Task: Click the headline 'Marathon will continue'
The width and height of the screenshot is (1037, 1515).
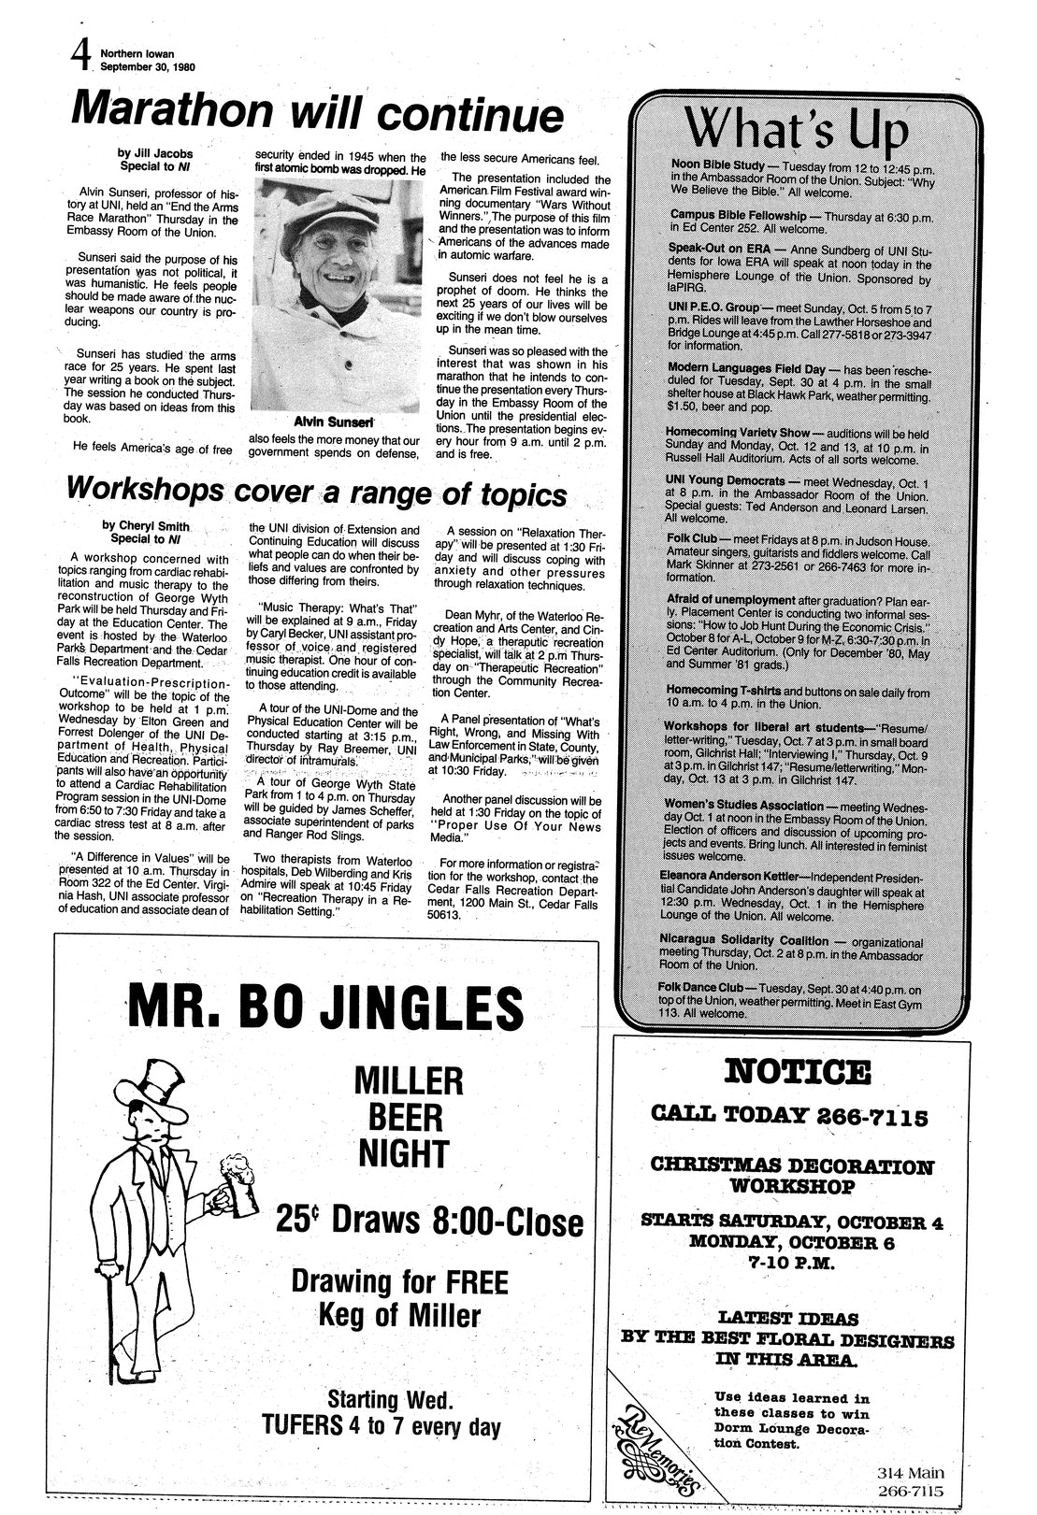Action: coord(318,113)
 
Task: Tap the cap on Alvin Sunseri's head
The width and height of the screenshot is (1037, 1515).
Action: coord(330,210)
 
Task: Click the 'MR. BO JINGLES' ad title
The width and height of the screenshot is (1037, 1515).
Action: coord(325,1006)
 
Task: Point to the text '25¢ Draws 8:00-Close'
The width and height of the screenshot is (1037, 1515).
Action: coord(429,1221)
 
